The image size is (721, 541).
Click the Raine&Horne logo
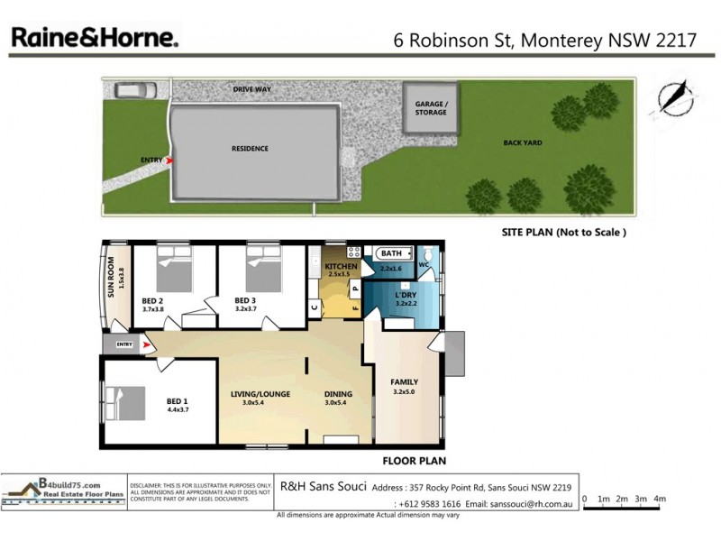(94, 38)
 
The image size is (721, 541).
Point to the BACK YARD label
(523, 142)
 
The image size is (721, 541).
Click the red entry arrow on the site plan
(169, 160)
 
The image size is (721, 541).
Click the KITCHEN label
(342, 268)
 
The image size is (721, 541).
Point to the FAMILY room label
(404, 382)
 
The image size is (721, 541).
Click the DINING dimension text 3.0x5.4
(336, 403)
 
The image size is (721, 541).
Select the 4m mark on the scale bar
(660, 499)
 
